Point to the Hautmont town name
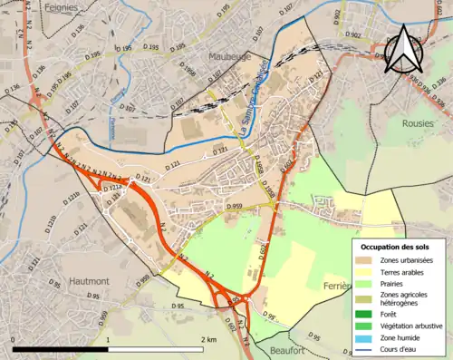coord(88,282)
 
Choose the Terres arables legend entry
coord(404,272)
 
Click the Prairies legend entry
coord(395,284)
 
